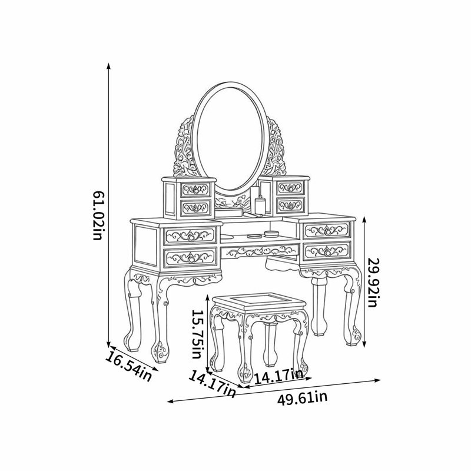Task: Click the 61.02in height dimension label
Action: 97,215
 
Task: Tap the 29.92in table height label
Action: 373,283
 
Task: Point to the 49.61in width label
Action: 302,399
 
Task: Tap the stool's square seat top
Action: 258,301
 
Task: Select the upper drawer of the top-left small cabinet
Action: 195,190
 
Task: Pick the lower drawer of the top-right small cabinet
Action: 290,205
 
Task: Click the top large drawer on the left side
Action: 190,235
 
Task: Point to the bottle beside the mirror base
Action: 260,205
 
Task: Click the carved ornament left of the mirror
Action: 184,148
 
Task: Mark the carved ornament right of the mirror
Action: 275,148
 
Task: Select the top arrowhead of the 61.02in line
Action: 108,66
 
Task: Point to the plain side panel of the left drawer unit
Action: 145,246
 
